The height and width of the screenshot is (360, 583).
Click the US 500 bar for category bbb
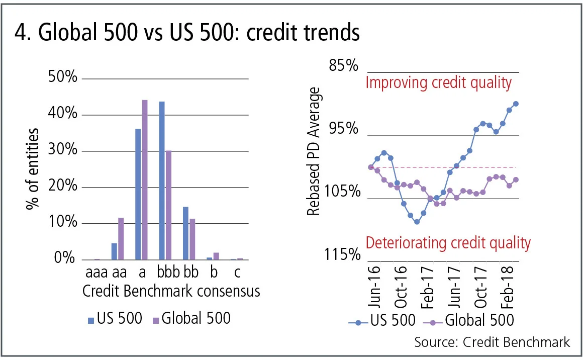(162, 181)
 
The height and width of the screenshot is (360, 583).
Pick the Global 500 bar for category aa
(121, 238)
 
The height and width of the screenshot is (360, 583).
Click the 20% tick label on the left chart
(63, 187)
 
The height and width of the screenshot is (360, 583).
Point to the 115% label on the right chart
(342, 255)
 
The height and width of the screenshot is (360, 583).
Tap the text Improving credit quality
(438, 82)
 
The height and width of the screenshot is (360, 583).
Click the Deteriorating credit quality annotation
(448, 243)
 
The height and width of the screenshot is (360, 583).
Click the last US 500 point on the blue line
(516, 104)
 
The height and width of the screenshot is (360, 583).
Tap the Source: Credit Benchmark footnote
(492, 342)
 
